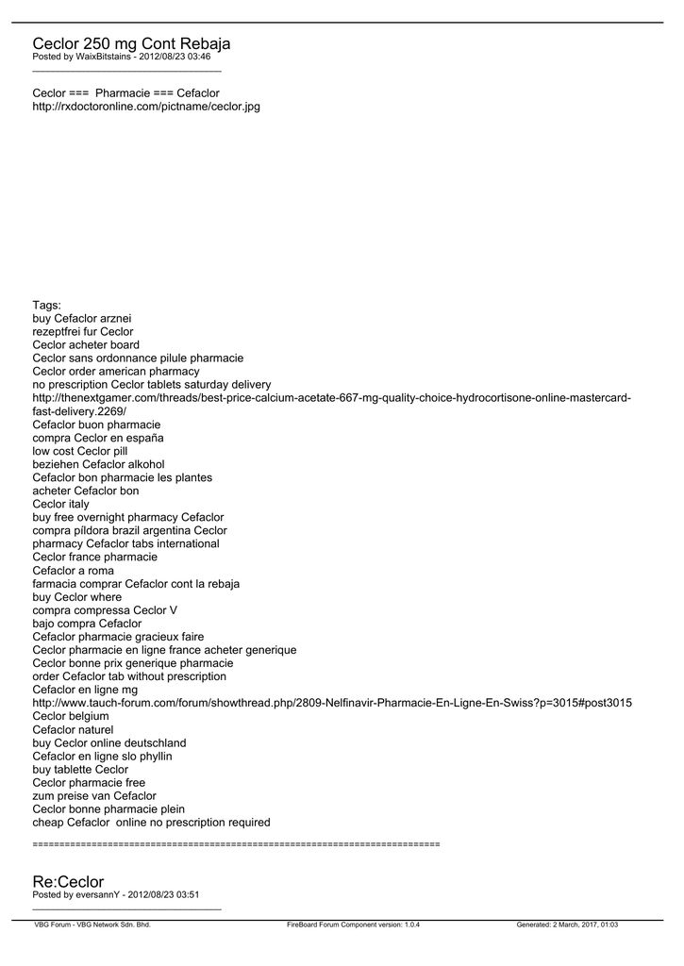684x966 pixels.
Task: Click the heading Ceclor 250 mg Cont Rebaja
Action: (x=131, y=43)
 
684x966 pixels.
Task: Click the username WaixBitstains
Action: (x=102, y=58)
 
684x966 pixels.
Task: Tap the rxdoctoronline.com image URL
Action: (x=146, y=107)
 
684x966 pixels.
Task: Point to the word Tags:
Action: (x=46, y=305)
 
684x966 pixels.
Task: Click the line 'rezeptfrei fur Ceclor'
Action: (x=83, y=331)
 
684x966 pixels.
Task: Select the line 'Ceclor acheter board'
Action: (x=86, y=344)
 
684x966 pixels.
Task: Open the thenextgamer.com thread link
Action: (x=331, y=398)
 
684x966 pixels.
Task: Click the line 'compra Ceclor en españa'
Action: (x=98, y=438)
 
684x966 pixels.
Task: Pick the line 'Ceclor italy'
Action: (x=60, y=504)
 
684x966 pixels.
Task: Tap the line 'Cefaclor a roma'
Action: (x=73, y=570)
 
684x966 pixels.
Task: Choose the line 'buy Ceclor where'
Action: (x=77, y=596)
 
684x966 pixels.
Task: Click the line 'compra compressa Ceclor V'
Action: (x=105, y=609)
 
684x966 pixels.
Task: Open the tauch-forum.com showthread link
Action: (x=332, y=703)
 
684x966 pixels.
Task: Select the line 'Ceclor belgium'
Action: (x=71, y=716)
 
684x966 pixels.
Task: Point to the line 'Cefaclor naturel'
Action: (x=73, y=729)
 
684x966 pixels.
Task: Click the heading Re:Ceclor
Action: (x=68, y=881)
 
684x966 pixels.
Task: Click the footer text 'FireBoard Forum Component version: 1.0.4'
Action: (x=353, y=924)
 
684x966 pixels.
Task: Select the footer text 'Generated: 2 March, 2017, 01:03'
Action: (x=567, y=924)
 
